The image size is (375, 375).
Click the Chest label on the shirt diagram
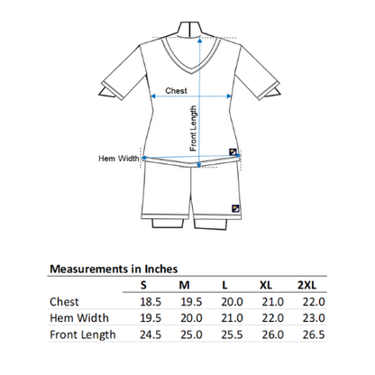pyautogui.click(x=175, y=91)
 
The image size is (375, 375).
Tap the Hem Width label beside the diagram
pyautogui.click(x=119, y=158)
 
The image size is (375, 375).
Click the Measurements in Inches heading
pyautogui.click(x=113, y=268)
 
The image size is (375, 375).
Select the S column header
pyautogui.click(x=142, y=285)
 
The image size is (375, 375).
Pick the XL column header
pyautogui.click(x=266, y=285)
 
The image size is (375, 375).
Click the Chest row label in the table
pyautogui.click(x=66, y=302)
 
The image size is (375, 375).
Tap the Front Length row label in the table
pyautogui.click(x=83, y=334)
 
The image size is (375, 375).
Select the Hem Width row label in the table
pyautogui.click(x=79, y=318)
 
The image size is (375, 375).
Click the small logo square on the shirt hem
pyautogui.click(x=233, y=151)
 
